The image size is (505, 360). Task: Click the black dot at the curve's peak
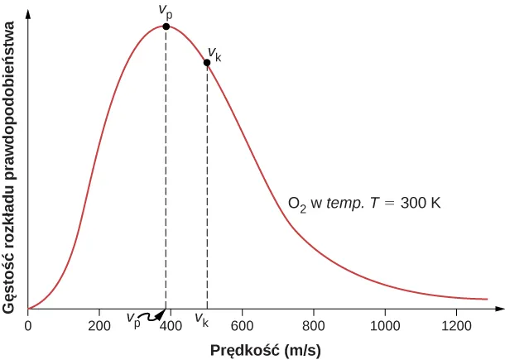[166, 26]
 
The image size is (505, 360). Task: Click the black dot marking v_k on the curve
[207, 63]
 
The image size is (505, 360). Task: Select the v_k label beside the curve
[215, 54]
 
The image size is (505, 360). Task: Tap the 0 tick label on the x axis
[28, 325]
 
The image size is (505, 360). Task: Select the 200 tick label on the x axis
[99, 325]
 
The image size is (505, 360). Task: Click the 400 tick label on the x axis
[171, 325]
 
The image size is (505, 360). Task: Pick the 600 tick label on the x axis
[242, 325]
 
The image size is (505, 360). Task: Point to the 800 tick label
[313, 325]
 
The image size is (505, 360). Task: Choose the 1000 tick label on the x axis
[384, 325]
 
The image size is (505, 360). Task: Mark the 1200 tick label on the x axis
[455, 325]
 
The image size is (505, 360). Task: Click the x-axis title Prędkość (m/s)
[265, 350]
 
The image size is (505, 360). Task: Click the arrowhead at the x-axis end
[498, 309]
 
